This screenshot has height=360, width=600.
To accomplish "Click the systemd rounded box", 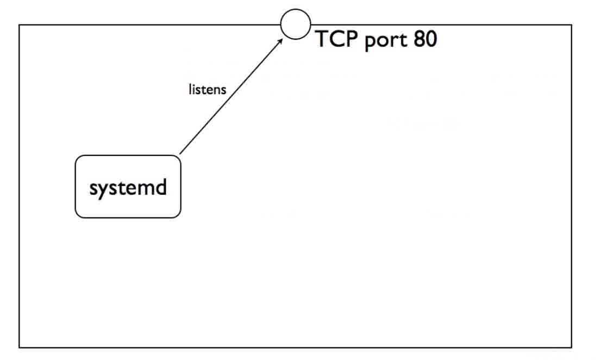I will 128,187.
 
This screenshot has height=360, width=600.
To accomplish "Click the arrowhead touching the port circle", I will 280,40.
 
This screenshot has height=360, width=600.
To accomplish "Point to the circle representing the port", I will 296,24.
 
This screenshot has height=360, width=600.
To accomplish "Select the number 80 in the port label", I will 424,39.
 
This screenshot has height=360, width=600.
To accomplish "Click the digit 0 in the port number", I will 431,39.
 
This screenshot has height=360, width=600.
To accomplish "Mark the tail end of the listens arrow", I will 180,154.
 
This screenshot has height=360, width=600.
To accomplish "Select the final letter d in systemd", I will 160,187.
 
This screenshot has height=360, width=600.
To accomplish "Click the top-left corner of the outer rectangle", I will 20,25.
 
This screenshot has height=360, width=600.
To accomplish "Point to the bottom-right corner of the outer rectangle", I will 571,347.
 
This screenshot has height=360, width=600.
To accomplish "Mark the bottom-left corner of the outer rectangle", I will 20,347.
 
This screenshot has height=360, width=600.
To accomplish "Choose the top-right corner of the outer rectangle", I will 571,25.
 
